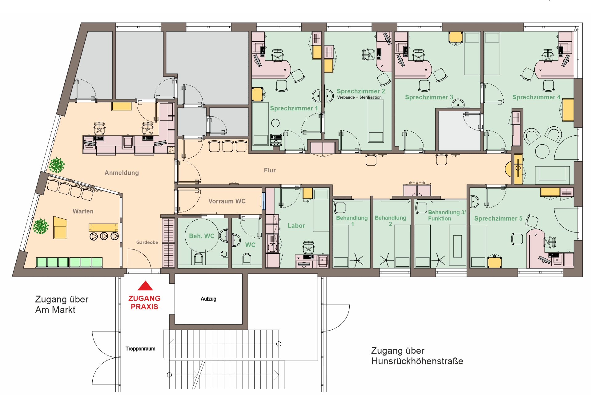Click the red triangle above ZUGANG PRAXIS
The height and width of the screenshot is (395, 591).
pos(145,286)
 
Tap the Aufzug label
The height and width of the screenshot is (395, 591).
pos(208,299)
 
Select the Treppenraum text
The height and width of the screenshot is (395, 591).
pos(140,349)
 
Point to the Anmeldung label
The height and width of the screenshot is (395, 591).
pos(122,173)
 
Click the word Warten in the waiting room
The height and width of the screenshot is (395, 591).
pos(83,211)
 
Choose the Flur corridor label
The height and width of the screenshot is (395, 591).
pos(270,170)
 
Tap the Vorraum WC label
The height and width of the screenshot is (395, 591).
pos(227,201)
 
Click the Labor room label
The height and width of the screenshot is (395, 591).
pos(296,226)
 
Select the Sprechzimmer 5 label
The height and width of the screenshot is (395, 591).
pos(498,219)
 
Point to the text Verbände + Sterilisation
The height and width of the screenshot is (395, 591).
pos(359,97)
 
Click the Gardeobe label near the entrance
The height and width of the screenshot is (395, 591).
pos(147,242)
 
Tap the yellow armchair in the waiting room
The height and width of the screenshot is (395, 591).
pos(60,228)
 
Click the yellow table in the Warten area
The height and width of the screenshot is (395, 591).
pos(103,228)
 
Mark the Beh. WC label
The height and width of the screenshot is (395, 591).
pos(202,236)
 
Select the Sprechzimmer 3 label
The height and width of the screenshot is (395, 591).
pos(429,97)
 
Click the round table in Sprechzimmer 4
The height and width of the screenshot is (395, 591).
pos(542,151)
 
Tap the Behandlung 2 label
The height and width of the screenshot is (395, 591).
pos(390,221)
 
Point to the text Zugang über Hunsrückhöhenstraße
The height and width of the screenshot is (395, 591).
pos(417,356)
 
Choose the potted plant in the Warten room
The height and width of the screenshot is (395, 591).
pos(41,226)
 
